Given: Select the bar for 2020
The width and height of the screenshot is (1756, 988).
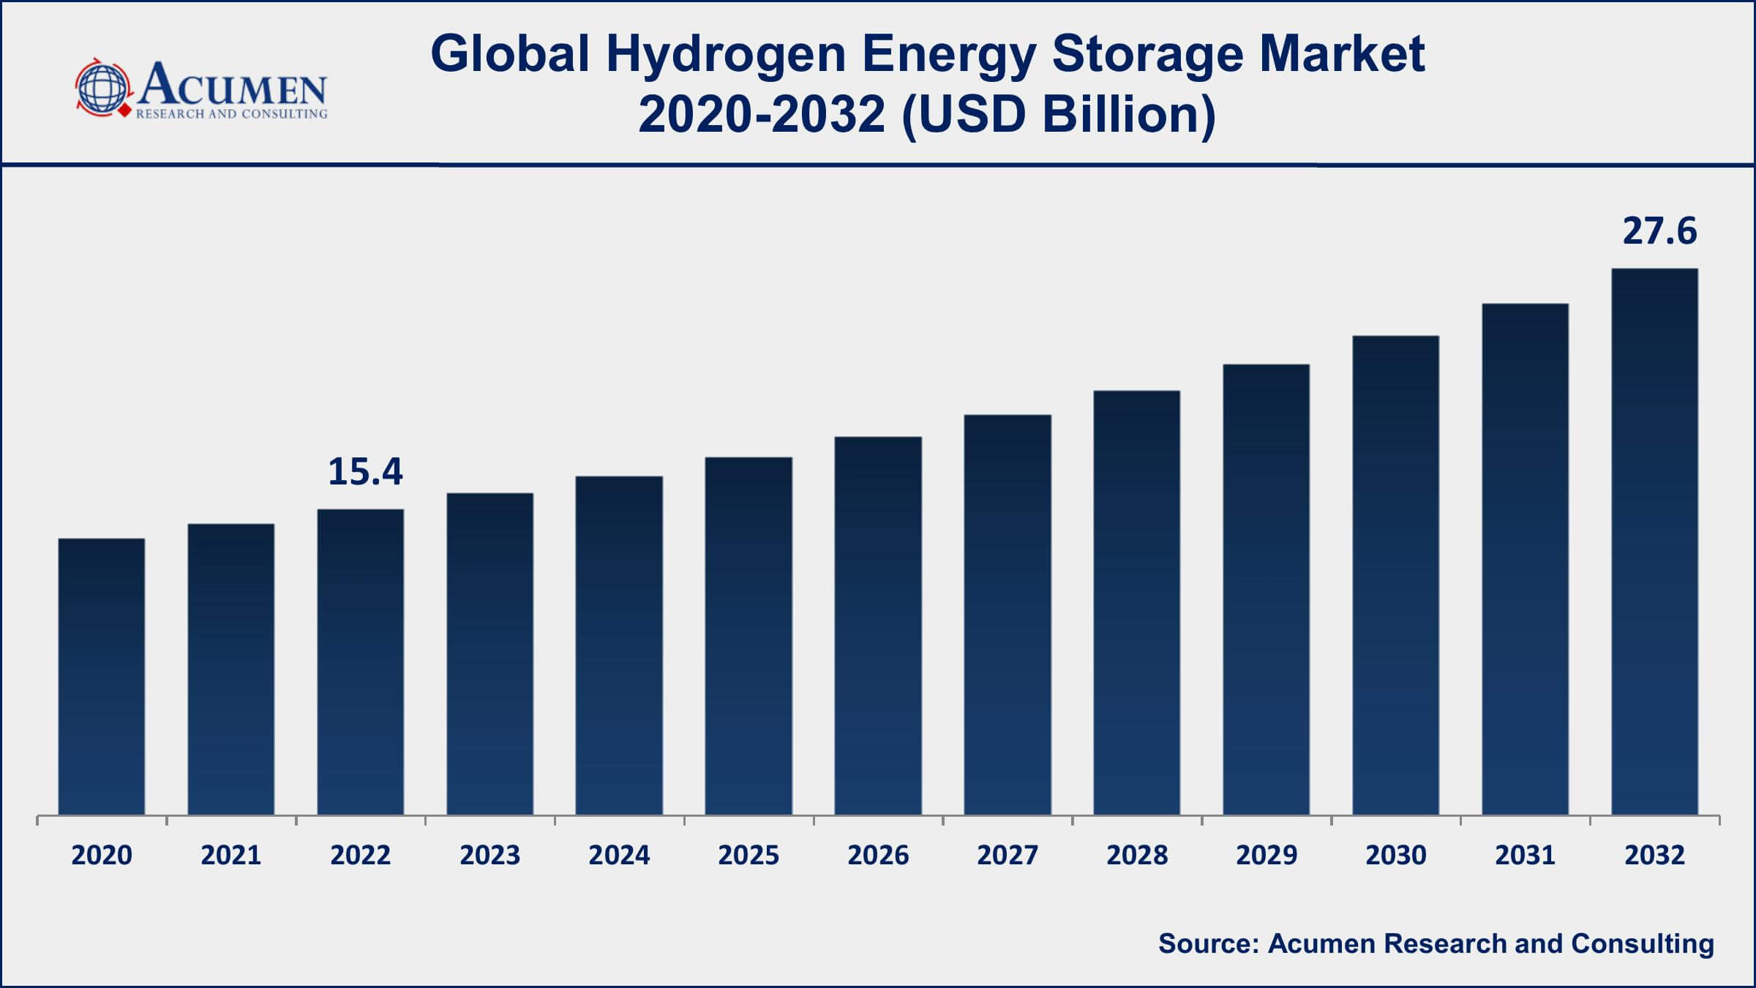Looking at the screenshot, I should coord(102,677).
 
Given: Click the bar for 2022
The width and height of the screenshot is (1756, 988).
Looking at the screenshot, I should coord(361,662).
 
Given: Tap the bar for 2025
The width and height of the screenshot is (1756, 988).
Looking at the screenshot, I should coord(748,637).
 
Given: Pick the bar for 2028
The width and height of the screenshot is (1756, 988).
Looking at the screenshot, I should coord(1137,603).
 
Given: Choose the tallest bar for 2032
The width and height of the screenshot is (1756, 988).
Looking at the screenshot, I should coord(1654,542).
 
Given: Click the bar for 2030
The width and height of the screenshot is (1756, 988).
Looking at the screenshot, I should coord(1395,575).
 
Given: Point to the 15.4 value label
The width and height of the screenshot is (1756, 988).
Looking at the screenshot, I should coord(365,472).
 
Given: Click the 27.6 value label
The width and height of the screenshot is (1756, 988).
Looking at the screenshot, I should coord(1659,231).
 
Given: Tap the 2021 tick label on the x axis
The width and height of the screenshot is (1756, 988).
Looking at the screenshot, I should coord(231,855).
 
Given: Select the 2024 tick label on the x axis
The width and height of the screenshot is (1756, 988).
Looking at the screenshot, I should coord(619,855).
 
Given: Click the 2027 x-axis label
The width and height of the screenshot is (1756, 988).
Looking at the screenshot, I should coord(1008,855).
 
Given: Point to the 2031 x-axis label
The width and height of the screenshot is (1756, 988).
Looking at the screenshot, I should coord(1525,855).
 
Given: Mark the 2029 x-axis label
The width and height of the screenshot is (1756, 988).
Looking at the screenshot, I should coord(1267,855).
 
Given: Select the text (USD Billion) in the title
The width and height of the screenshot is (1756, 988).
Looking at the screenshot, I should coord(1059,115).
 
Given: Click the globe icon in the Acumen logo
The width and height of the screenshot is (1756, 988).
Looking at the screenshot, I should coord(102,88).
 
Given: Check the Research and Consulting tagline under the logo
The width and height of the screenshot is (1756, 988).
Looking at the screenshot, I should coord(231,114).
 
